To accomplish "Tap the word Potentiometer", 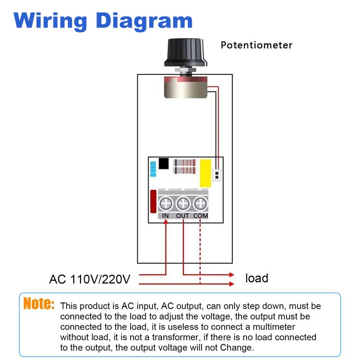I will (256, 45).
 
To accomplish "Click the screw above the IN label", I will (166, 204).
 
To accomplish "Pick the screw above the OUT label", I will (183, 204).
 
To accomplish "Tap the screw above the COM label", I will (200, 204).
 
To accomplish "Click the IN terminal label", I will (166, 216).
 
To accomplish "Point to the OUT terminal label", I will (183, 216).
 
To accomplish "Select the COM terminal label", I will (201, 216).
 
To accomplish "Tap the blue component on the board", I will (153, 170).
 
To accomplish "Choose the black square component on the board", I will (164, 163).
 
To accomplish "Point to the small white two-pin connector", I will (216, 175).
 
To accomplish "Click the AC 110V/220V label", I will (90, 279).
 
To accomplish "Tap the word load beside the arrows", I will (256, 278).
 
